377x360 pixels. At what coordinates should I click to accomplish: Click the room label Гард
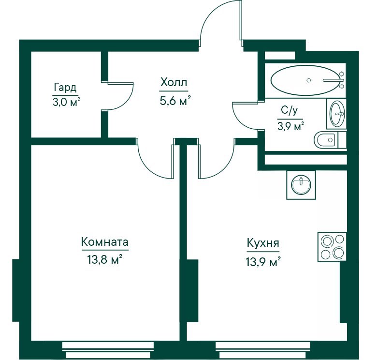click(x=65, y=88)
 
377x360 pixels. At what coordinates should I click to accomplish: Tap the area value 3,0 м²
click(x=66, y=102)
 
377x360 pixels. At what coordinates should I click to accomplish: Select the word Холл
click(x=174, y=82)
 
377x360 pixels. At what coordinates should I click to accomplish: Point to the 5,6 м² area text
click(x=175, y=101)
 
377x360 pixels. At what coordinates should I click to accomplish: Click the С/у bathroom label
click(x=290, y=111)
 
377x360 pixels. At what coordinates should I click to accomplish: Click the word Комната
click(x=105, y=242)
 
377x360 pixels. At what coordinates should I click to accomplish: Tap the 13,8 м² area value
click(x=105, y=260)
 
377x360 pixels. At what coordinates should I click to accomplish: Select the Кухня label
click(x=263, y=243)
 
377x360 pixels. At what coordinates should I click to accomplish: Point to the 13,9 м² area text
click(x=263, y=261)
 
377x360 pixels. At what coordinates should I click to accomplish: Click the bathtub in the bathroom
click(x=308, y=80)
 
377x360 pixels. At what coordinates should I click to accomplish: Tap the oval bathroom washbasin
click(x=337, y=113)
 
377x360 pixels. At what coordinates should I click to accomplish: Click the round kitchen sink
click(x=301, y=185)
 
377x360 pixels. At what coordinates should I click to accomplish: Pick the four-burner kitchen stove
click(x=332, y=247)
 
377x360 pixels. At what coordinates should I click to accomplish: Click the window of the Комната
click(x=108, y=350)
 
